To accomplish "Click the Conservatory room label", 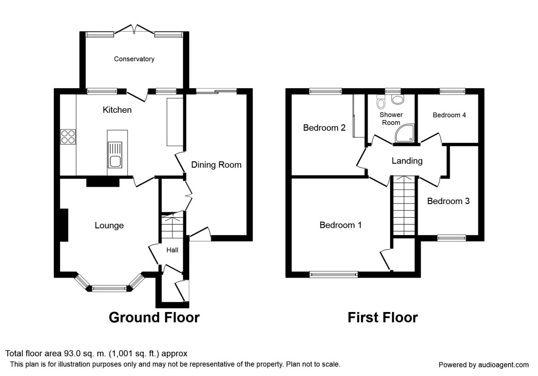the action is pyautogui.click(x=134, y=59).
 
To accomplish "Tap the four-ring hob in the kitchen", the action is pyautogui.click(x=68, y=137).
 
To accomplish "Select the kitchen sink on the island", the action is pyautogui.click(x=115, y=155).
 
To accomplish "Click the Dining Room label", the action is pyautogui.click(x=216, y=165).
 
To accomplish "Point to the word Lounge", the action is pyautogui.click(x=109, y=226).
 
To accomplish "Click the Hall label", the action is pyautogui.click(x=172, y=250).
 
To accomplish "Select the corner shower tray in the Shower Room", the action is pyautogui.click(x=405, y=133).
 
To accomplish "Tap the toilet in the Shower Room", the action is pyautogui.click(x=381, y=102).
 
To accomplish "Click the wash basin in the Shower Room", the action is pyautogui.click(x=398, y=99).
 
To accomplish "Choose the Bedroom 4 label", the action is pyautogui.click(x=449, y=115).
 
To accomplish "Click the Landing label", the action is pyautogui.click(x=407, y=161).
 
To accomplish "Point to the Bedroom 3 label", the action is pyautogui.click(x=448, y=201).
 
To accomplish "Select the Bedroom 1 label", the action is pyautogui.click(x=341, y=225).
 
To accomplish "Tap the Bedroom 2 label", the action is pyautogui.click(x=324, y=128).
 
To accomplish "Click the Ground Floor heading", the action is pyautogui.click(x=154, y=317).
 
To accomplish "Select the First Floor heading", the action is pyautogui.click(x=383, y=317).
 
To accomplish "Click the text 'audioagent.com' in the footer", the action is pyautogui.click(x=503, y=365).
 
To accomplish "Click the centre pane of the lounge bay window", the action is pyautogui.click(x=109, y=288).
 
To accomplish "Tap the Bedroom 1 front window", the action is pyautogui.click(x=334, y=274).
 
